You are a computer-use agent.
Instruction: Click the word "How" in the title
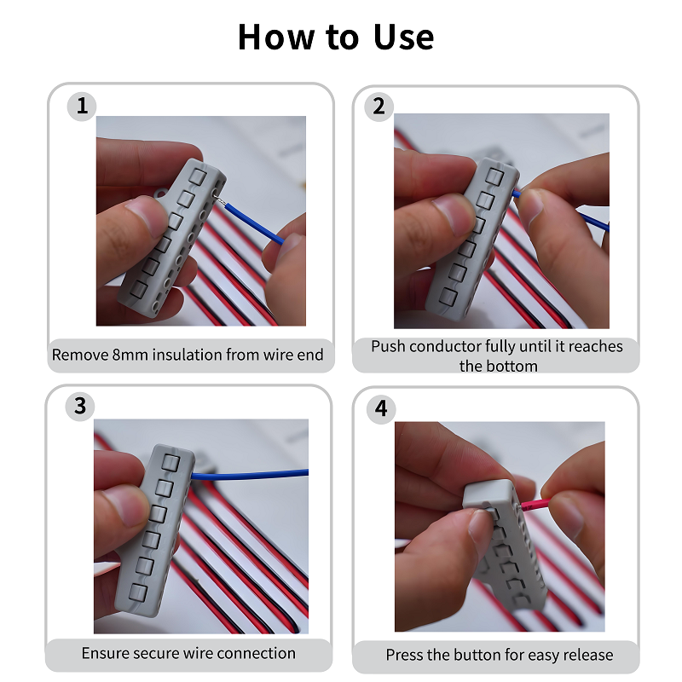[275, 38]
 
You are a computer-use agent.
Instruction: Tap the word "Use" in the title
[403, 38]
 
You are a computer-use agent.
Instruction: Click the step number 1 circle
[81, 106]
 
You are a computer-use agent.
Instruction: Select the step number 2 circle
[379, 107]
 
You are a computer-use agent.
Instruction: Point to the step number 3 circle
[79, 407]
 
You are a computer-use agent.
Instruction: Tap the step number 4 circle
[381, 409]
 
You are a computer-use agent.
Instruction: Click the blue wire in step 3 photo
[250, 475]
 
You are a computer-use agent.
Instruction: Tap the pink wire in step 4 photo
[536, 505]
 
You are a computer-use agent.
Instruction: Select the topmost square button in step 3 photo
[170, 462]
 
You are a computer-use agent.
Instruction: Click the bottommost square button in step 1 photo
[139, 289]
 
